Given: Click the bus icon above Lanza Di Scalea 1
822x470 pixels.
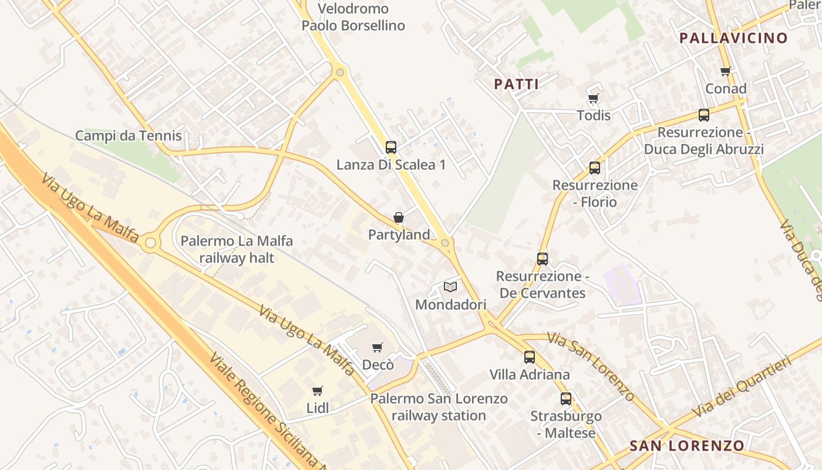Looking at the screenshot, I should (391, 147).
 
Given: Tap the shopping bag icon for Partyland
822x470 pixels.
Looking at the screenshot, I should (399, 218).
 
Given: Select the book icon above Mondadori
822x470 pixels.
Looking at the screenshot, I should (450, 287).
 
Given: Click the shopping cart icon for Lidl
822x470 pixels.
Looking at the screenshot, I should (318, 391).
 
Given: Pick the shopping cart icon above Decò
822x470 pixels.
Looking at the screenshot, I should (378, 347).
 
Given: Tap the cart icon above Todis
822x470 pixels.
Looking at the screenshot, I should (594, 98).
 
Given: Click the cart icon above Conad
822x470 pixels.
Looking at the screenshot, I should (726, 72).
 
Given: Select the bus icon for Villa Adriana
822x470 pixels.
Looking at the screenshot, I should (530, 357).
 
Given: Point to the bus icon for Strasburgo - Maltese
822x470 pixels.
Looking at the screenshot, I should (566, 399).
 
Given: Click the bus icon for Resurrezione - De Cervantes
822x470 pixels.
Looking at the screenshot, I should (543, 258).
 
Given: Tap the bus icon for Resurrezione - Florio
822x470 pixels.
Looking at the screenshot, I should (595, 168).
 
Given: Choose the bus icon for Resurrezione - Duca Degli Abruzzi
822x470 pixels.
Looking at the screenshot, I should (704, 115).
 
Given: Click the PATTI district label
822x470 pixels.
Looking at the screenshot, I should (517, 85).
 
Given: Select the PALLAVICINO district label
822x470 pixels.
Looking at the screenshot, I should (733, 38).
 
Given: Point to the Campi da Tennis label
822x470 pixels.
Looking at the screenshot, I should (129, 136).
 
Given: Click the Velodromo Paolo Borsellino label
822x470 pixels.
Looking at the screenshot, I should (353, 17).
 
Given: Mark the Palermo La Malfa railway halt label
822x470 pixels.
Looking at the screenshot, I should (237, 249).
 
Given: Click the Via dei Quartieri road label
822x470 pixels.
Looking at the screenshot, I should (742, 386).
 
